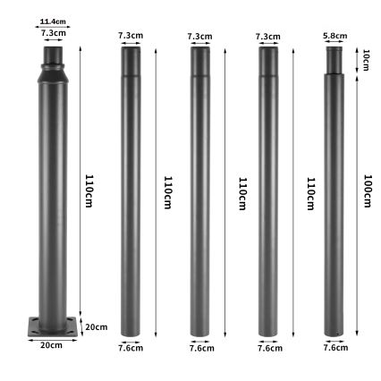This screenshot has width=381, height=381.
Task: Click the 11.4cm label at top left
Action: [x=53, y=22]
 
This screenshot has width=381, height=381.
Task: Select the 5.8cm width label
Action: [x=335, y=36]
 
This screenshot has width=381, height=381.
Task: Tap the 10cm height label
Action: [x=366, y=60]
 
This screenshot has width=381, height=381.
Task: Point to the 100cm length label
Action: [x=367, y=192]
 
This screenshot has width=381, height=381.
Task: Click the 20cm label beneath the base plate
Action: [x=51, y=344]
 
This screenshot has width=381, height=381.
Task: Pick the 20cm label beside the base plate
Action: [x=96, y=327]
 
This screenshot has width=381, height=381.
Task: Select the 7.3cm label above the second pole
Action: [x=131, y=36]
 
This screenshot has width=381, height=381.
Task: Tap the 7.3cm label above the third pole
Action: [x=199, y=36]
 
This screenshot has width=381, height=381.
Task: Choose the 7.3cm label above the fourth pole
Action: [x=267, y=36]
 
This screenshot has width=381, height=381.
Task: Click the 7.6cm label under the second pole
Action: [x=131, y=348]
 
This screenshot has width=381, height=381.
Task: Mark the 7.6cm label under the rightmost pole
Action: [x=335, y=348]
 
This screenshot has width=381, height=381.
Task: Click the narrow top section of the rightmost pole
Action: [x=335, y=60]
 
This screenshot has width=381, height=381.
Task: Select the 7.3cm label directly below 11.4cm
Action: [x=53, y=32]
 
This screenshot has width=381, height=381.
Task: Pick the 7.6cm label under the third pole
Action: [x=200, y=348]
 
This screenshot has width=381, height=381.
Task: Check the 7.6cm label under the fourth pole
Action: [x=269, y=348]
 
